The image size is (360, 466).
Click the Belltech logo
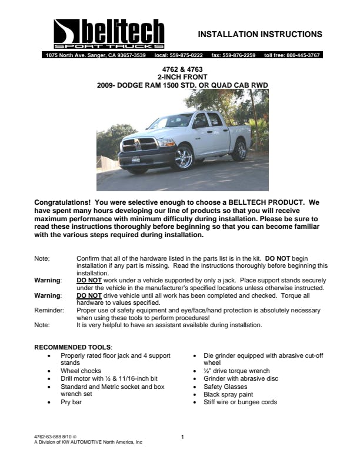108,34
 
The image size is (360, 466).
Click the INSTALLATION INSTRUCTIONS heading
259,34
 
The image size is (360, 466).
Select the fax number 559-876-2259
233,55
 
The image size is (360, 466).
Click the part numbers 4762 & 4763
182,69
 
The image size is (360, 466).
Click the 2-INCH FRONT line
182,77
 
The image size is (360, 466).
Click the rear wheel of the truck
239,151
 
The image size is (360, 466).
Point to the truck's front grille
139,145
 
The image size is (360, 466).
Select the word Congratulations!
65,202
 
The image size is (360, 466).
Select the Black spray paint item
228,394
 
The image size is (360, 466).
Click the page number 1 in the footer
182,437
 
